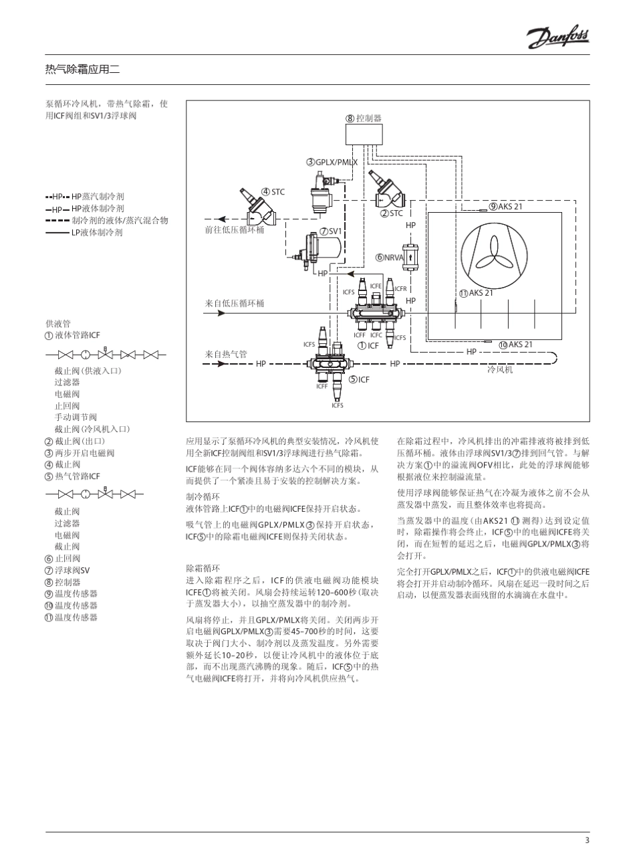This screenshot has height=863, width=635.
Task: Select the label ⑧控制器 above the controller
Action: tap(364, 118)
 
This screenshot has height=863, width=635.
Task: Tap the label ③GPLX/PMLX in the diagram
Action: tap(332, 162)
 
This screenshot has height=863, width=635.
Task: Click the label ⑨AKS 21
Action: tap(506, 206)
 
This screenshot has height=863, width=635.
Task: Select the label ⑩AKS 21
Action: tap(515, 345)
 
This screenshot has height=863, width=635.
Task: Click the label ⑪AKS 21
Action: tap(476, 293)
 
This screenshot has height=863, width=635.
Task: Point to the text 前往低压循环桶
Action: tap(235, 229)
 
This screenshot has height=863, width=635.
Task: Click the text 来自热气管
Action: tap(226, 354)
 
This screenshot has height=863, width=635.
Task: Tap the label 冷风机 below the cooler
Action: tap(500, 369)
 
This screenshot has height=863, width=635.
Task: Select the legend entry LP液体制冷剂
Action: tap(97, 233)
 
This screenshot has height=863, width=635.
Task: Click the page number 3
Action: tap(587, 841)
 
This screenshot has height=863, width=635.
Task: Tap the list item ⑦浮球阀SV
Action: tap(67, 571)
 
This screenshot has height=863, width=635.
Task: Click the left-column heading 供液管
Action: tap(57, 323)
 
